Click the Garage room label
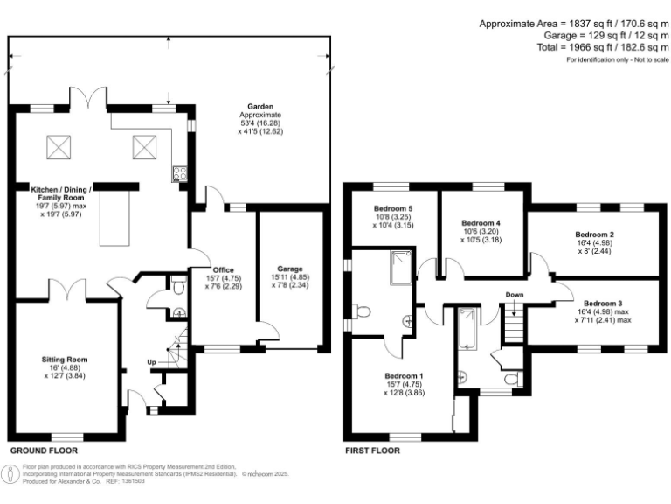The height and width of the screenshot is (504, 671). point(290,269)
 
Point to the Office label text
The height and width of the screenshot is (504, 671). point(223,269)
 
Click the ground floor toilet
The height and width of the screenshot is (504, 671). point(178,285)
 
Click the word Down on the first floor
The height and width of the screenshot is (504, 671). point(514,295)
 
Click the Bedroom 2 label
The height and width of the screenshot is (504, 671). point(594,234)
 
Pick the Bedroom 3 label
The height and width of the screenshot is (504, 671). point(602,304)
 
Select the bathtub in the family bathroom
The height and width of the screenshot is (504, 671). point(464,328)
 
